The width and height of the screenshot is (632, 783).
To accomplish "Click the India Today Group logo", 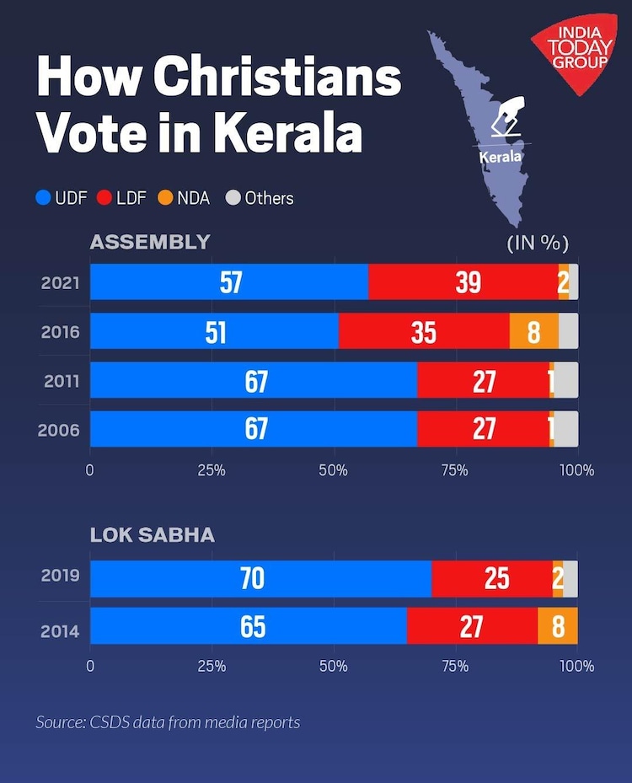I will click(x=573, y=52).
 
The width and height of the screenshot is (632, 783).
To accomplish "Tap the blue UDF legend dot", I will click(x=43, y=199).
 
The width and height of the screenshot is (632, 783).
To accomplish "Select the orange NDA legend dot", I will click(x=165, y=199).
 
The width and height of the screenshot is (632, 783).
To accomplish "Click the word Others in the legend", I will click(x=269, y=199).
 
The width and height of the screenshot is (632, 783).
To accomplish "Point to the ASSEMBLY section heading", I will click(x=149, y=243).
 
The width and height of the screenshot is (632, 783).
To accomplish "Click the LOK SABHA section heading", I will click(x=152, y=534).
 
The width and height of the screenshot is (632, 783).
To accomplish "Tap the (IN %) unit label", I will click(x=538, y=244).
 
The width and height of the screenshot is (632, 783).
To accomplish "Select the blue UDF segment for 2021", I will click(x=229, y=282).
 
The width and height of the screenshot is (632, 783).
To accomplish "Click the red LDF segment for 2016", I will click(x=424, y=331).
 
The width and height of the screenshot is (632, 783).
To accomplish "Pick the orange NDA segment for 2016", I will click(x=533, y=331).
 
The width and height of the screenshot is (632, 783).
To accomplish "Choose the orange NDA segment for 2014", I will click(x=558, y=626).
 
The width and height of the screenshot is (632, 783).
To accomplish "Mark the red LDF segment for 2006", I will click(x=483, y=429).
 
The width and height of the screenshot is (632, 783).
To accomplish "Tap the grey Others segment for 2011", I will click(x=566, y=380).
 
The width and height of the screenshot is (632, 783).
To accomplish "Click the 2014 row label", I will click(x=61, y=628).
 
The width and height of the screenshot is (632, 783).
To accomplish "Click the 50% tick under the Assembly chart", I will click(x=334, y=470).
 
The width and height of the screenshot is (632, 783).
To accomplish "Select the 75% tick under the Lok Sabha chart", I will click(x=455, y=666).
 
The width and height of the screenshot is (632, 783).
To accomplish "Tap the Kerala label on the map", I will click(x=501, y=157).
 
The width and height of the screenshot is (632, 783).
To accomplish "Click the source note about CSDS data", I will click(x=168, y=722).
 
